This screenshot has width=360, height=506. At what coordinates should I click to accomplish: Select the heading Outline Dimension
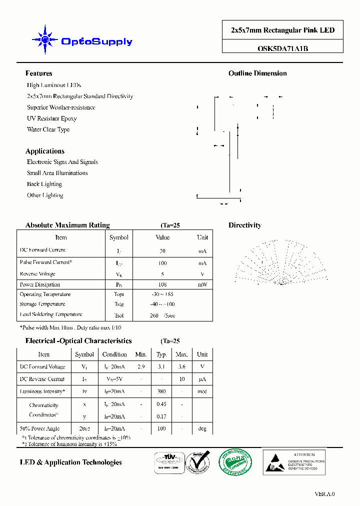pyautogui.click(x=257, y=73)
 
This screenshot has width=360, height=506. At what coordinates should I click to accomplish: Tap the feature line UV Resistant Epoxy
pyautogui.click(x=51, y=118)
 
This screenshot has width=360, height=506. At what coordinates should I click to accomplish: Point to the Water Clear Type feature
pyautogui.click(x=48, y=129)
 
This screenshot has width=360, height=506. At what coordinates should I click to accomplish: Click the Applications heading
pyautogui.click(x=45, y=151)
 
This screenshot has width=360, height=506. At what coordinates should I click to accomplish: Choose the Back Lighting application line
pyautogui.click(x=44, y=184)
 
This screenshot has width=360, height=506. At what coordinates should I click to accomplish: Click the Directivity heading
pyautogui.click(x=245, y=225)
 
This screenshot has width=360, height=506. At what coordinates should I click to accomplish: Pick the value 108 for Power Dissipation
pyautogui.click(x=162, y=284)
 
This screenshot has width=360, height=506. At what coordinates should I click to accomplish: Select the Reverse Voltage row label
pyautogui.click(x=37, y=274)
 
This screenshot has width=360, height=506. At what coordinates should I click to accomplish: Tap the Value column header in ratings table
pyautogui.click(x=162, y=237)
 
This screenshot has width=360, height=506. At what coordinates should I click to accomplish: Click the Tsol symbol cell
pyautogui.click(x=118, y=315)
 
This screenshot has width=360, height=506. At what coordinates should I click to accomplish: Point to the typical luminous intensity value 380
pyautogui.click(x=161, y=391)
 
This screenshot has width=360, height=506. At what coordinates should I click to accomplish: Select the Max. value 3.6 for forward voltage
pyautogui.click(x=181, y=366)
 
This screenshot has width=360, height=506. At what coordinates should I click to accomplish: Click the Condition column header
pyautogui.click(x=114, y=354)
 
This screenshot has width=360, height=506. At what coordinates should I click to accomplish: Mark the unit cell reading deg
pyautogui.click(x=202, y=428)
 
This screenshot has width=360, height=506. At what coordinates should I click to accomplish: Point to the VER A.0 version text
pyautogui.click(x=324, y=494)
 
